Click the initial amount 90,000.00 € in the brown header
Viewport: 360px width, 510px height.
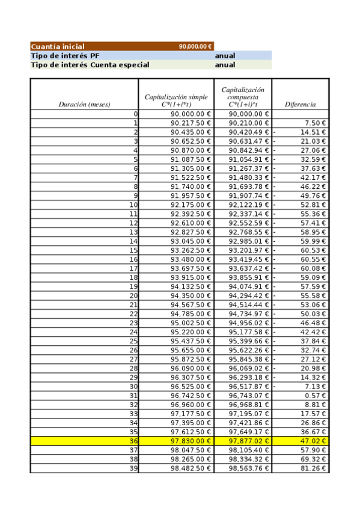click(x=195, y=46)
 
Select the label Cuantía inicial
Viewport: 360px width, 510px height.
click(x=58, y=46)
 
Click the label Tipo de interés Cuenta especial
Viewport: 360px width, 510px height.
click(x=90, y=64)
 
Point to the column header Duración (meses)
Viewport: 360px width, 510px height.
click(x=84, y=104)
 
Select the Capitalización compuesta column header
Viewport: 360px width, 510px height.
click(x=243, y=97)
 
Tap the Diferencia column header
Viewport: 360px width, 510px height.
click(x=300, y=104)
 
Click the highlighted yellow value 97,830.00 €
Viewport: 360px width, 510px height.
click(x=191, y=441)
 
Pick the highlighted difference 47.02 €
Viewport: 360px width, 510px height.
click(x=313, y=441)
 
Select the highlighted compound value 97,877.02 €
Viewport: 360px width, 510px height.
click(x=249, y=441)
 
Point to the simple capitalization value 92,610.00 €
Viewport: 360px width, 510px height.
click(x=191, y=223)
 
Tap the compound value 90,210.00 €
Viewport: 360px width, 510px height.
click(x=249, y=123)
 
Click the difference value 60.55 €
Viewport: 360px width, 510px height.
click(x=313, y=259)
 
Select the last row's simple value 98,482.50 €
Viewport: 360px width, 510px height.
click(x=191, y=468)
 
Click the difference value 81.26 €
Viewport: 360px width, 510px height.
click(x=313, y=468)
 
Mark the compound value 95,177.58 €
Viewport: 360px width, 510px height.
click(x=249, y=332)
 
